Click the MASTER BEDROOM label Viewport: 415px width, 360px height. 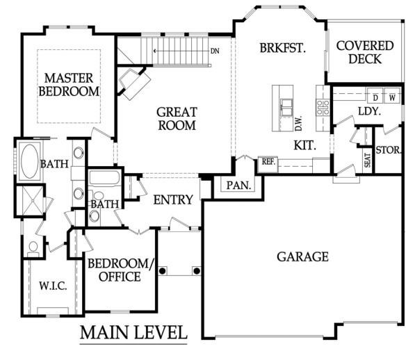(x=69, y=85)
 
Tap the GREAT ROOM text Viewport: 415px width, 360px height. (x=177, y=119)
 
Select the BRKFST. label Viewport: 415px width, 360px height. (x=283, y=48)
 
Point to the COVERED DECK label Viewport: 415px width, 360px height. (x=365, y=52)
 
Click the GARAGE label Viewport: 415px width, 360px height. (x=303, y=257)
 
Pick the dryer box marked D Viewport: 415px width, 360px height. (x=375, y=96)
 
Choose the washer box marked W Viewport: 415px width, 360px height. (x=392, y=96)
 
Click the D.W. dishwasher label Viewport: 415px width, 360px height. (x=298, y=124)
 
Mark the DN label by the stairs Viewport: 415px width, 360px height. (x=215, y=51)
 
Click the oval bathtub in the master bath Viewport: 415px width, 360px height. (x=30, y=161)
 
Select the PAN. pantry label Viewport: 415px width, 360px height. (x=238, y=186)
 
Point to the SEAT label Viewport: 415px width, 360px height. (x=368, y=160)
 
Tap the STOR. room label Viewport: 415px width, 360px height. (x=389, y=150)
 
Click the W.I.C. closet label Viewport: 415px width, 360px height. (x=53, y=286)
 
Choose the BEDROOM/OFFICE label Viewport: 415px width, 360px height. (x=121, y=270)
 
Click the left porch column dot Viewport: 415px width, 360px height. (x=162, y=271)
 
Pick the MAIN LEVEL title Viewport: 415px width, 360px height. (x=133, y=332)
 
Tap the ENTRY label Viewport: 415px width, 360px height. (x=173, y=200)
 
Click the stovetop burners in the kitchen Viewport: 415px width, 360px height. (x=323, y=108)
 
